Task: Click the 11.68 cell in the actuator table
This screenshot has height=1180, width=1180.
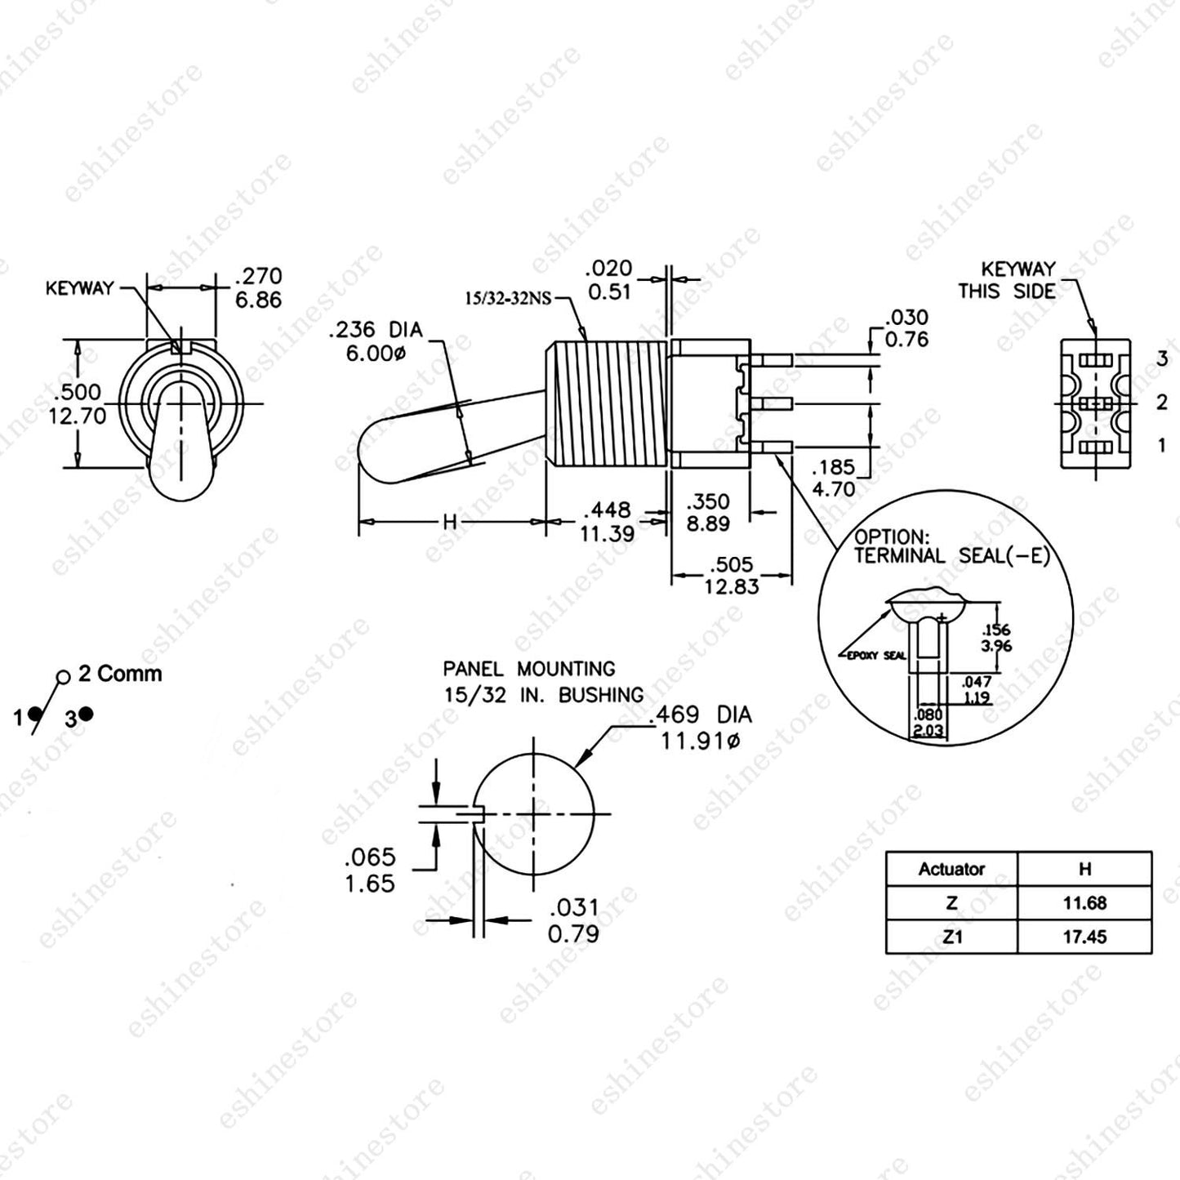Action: [1084, 902]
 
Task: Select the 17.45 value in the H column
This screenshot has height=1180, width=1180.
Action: [1084, 937]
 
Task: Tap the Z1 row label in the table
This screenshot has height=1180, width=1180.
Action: [951, 937]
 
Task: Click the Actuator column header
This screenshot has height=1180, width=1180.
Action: [951, 868]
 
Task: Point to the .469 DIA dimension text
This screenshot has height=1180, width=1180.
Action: [701, 715]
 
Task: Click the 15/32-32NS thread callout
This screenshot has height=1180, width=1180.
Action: [508, 298]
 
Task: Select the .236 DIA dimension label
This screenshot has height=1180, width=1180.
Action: [376, 330]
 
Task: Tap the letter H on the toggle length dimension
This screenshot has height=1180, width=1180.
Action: [450, 522]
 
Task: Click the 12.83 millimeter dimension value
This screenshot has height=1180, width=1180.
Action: [731, 586]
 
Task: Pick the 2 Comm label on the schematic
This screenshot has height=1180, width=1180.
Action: [120, 674]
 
